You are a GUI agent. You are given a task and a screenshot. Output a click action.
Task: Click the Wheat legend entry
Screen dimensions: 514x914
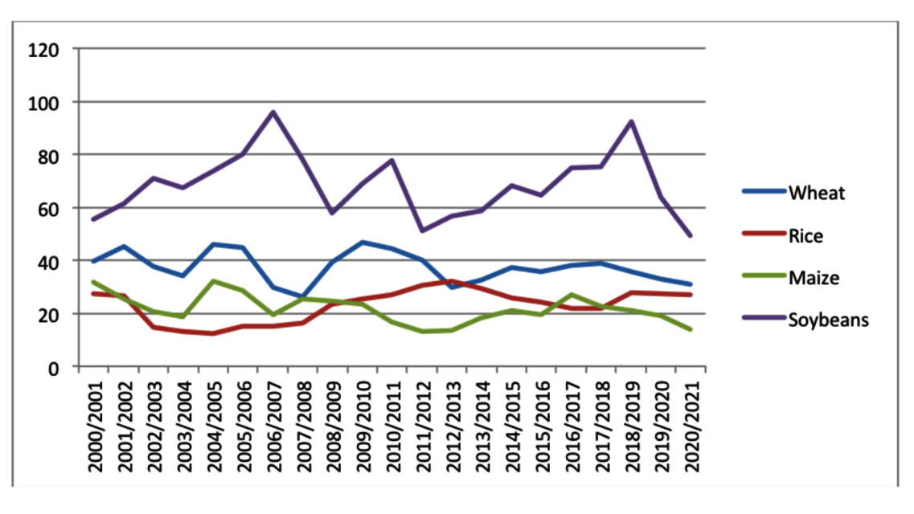[817, 194]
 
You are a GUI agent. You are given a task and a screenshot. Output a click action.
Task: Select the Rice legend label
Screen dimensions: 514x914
[806, 236]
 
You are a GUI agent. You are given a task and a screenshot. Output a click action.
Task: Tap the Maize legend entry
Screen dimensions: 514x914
[814, 278]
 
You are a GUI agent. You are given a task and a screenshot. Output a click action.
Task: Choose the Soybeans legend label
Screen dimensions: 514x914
[829, 320]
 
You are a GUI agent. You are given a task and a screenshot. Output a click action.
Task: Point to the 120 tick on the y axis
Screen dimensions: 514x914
[43, 50]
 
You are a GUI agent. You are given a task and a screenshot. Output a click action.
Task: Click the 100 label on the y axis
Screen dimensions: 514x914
[43, 103]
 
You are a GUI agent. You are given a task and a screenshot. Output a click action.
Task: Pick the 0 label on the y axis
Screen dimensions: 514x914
[53, 368]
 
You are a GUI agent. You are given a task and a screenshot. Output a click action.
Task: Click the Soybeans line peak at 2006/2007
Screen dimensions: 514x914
[273, 112]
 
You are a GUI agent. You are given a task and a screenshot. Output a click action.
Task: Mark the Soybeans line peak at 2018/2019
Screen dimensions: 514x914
[631, 121]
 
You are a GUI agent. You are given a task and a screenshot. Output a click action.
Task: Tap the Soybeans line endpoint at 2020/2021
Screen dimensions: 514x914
[691, 235]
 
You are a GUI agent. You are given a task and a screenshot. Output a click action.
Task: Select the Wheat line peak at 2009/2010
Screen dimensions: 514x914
[363, 242]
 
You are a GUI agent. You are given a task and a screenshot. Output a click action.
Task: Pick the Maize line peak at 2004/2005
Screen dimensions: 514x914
[214, 281]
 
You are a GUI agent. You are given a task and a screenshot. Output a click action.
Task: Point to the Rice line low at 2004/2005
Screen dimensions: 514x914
[214, 333]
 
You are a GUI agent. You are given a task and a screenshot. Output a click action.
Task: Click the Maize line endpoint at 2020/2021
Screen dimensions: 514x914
[691, 329]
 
